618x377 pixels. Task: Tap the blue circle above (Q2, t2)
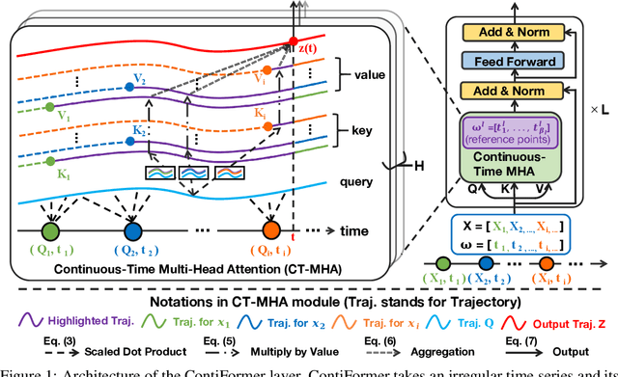[130, 232]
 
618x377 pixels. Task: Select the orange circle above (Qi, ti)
[271, 232]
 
